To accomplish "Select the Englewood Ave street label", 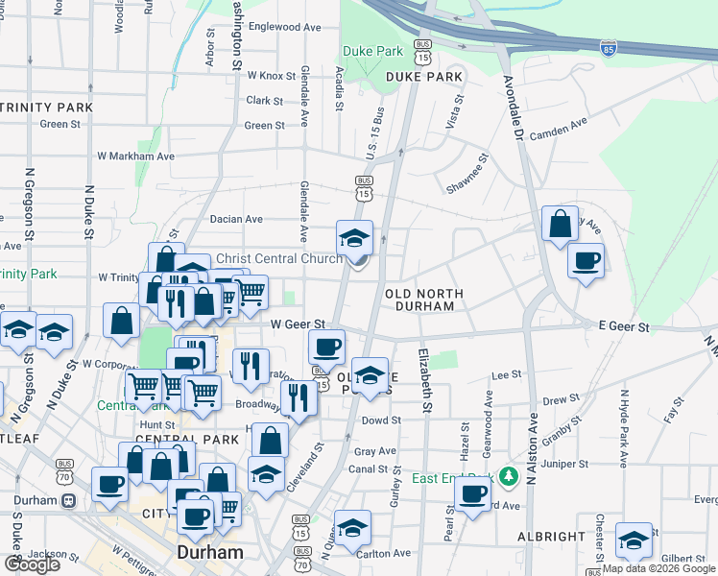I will coord(284,28).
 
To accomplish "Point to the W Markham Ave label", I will coord(135,156).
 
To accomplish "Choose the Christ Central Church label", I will coord(278,258).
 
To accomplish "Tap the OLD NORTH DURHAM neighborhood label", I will coord(424,300).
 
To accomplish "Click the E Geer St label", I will coord(624,327).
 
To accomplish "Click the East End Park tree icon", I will coord(508,475).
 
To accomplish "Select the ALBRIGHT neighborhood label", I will coord(553,536).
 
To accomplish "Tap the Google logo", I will coord(31,564).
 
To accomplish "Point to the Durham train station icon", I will coord(69,501).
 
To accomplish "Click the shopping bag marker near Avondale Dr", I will coord(560,225).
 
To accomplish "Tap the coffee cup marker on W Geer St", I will coord(326,346).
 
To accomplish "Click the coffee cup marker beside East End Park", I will coord(471,494).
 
